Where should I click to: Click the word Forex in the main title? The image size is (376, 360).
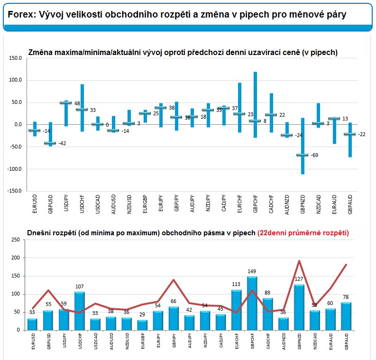pos(22,15)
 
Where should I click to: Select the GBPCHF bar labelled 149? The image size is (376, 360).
pos(252,304)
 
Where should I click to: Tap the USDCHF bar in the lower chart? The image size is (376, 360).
pos(80,311)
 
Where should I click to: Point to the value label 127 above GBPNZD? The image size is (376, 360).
pos(299,279)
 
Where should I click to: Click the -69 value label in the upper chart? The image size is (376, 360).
pos(314,155)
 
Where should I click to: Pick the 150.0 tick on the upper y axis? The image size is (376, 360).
pos(15,58)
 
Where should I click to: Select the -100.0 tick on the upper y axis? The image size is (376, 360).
pos(14,169)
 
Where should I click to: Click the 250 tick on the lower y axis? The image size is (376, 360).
pos(16,240)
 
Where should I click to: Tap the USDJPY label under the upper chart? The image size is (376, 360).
pos(66,203)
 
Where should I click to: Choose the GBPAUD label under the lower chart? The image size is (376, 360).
pos(347,341)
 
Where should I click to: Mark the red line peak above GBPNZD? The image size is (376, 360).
pos(299,261)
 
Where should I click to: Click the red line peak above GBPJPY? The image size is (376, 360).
pos(174,280)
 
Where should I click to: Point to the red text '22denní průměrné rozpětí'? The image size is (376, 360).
pos(303,233)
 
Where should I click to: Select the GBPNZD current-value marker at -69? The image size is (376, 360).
pos(302,155)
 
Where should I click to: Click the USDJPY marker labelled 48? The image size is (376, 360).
pos(66,102)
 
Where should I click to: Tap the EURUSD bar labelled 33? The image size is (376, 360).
pos(32,324)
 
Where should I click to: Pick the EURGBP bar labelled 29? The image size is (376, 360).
pos(142,325)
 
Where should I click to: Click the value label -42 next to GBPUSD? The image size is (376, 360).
pos(62,143)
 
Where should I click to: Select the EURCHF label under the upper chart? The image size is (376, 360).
pos(239,203)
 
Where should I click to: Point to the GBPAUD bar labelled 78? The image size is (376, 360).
pos(346,316)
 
